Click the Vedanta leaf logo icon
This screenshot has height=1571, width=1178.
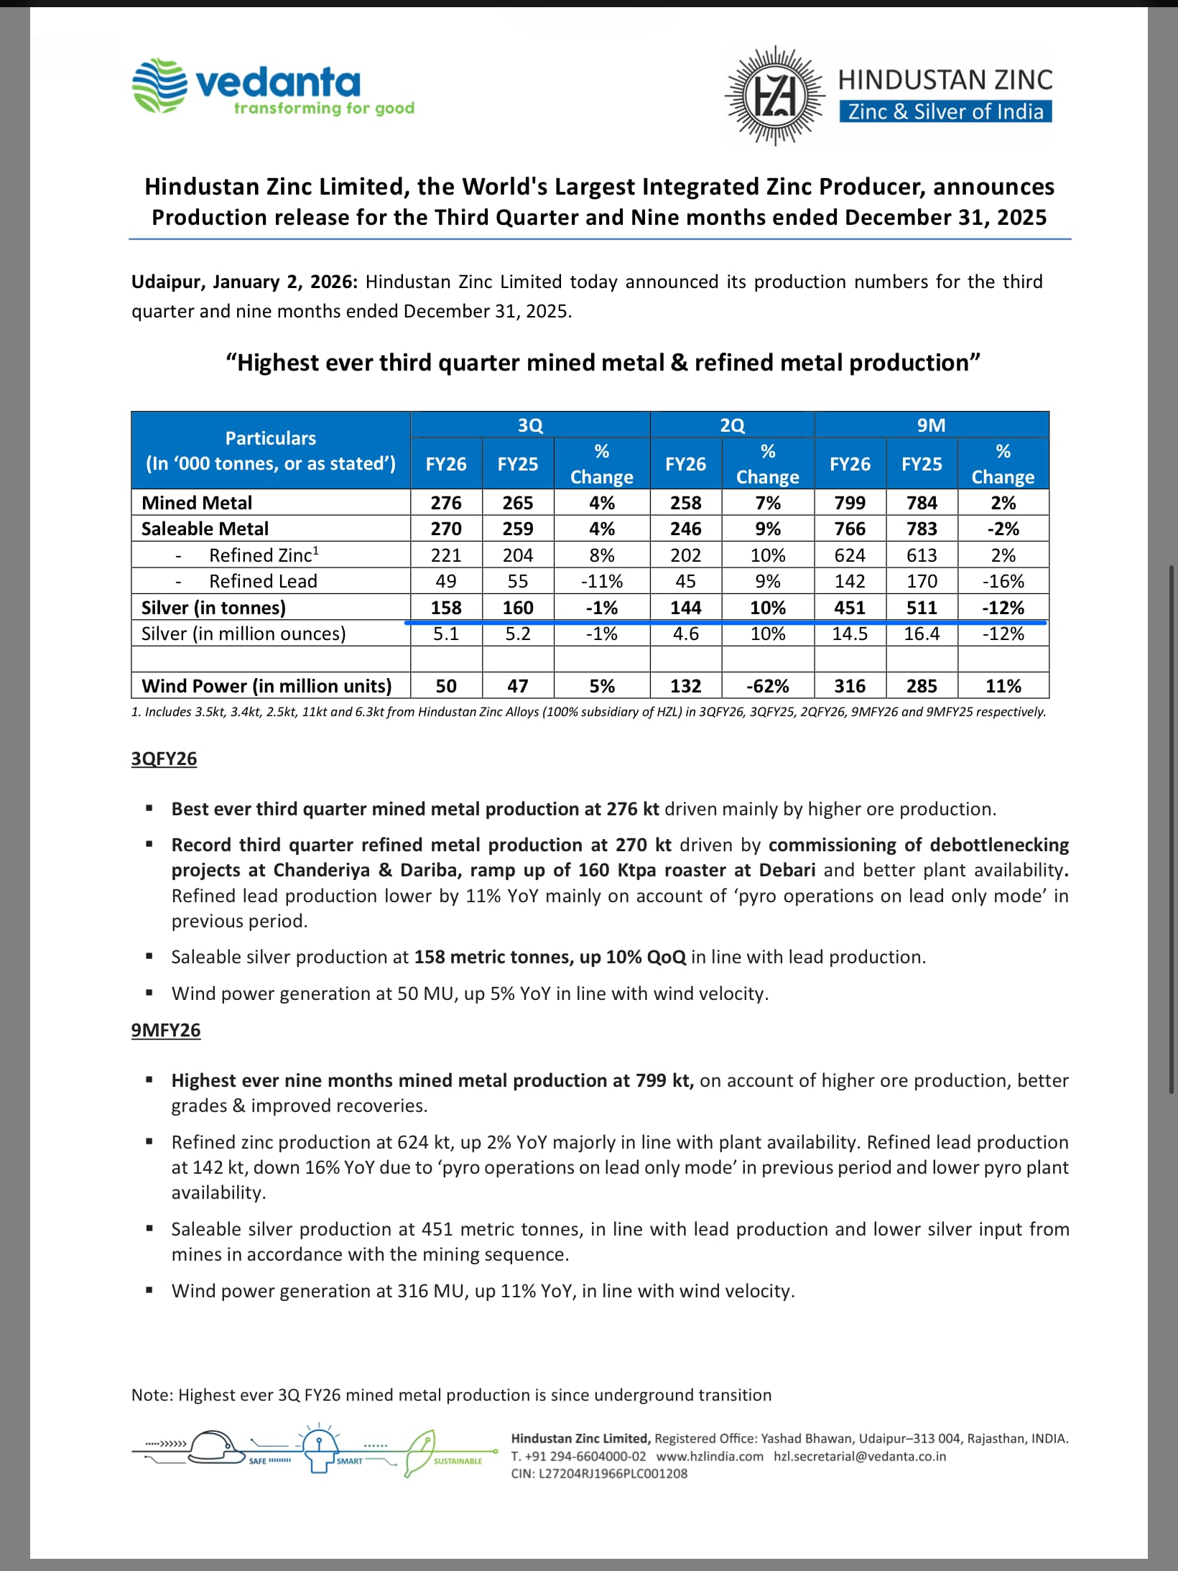tap(159, 86)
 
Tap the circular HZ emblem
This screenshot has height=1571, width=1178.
tap(774, 96)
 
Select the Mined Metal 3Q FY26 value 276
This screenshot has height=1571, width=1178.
tap(446, 503)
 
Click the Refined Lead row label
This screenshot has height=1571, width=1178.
tap(263, 581)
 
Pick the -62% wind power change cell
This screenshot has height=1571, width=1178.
tap(768, 686)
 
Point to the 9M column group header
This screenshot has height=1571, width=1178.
tap(931, 425)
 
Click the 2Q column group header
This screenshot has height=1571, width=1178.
tap(732, 425)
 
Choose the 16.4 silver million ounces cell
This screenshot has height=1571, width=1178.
tap(922, 634)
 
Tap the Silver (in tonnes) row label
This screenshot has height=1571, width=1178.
tap(213, 608)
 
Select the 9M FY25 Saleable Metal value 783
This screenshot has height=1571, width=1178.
tap(922, 529)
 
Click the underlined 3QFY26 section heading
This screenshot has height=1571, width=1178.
tap(164, 759)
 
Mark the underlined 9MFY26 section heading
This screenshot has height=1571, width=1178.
tap(166, 1030)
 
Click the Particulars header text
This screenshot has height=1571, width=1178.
tap(271, 438)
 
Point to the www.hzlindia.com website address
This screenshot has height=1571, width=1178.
tap(710, 1456)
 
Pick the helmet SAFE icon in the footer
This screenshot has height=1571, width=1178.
tap(215, 1448)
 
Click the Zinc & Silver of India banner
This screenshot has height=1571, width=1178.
tap(945, 112)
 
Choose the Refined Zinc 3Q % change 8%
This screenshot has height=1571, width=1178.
tap(601, 555)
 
